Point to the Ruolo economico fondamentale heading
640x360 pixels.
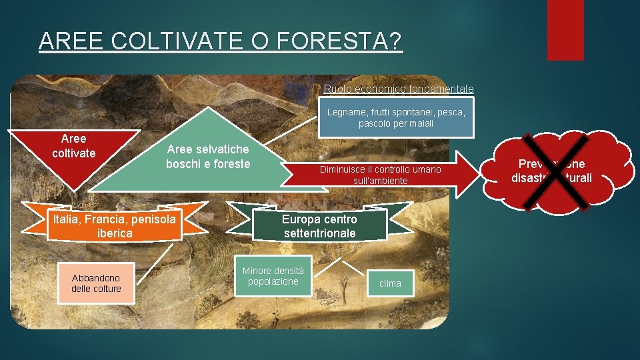399,89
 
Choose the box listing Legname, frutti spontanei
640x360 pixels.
396,118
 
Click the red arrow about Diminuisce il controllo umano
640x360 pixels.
380,175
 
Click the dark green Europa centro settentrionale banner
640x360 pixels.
319,226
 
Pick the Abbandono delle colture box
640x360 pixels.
96,283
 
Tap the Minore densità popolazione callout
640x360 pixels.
273,275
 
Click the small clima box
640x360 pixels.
390,283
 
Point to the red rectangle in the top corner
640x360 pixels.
565,30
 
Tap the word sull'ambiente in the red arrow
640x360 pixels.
380,181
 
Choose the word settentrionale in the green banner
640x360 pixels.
319,233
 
